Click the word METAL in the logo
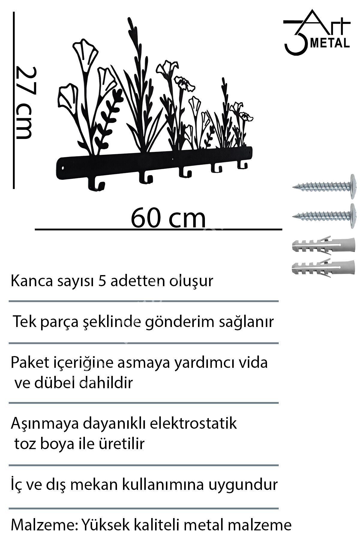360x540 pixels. pyautogui.click(x=330, y=43)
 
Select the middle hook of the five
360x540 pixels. pyautogui.click(x=185, y=172)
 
